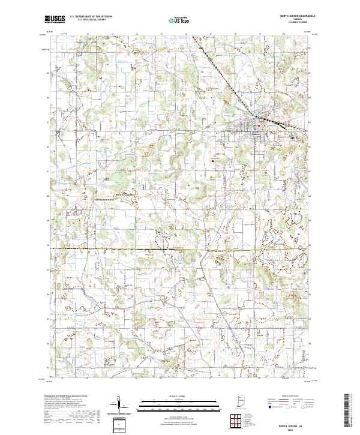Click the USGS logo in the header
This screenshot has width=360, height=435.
click(55, 19)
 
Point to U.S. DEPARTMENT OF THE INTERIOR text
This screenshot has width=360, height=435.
click(91, 17)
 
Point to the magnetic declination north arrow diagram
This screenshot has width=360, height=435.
click(120, 404)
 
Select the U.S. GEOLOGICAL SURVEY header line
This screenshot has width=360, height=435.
click(91, 20)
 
